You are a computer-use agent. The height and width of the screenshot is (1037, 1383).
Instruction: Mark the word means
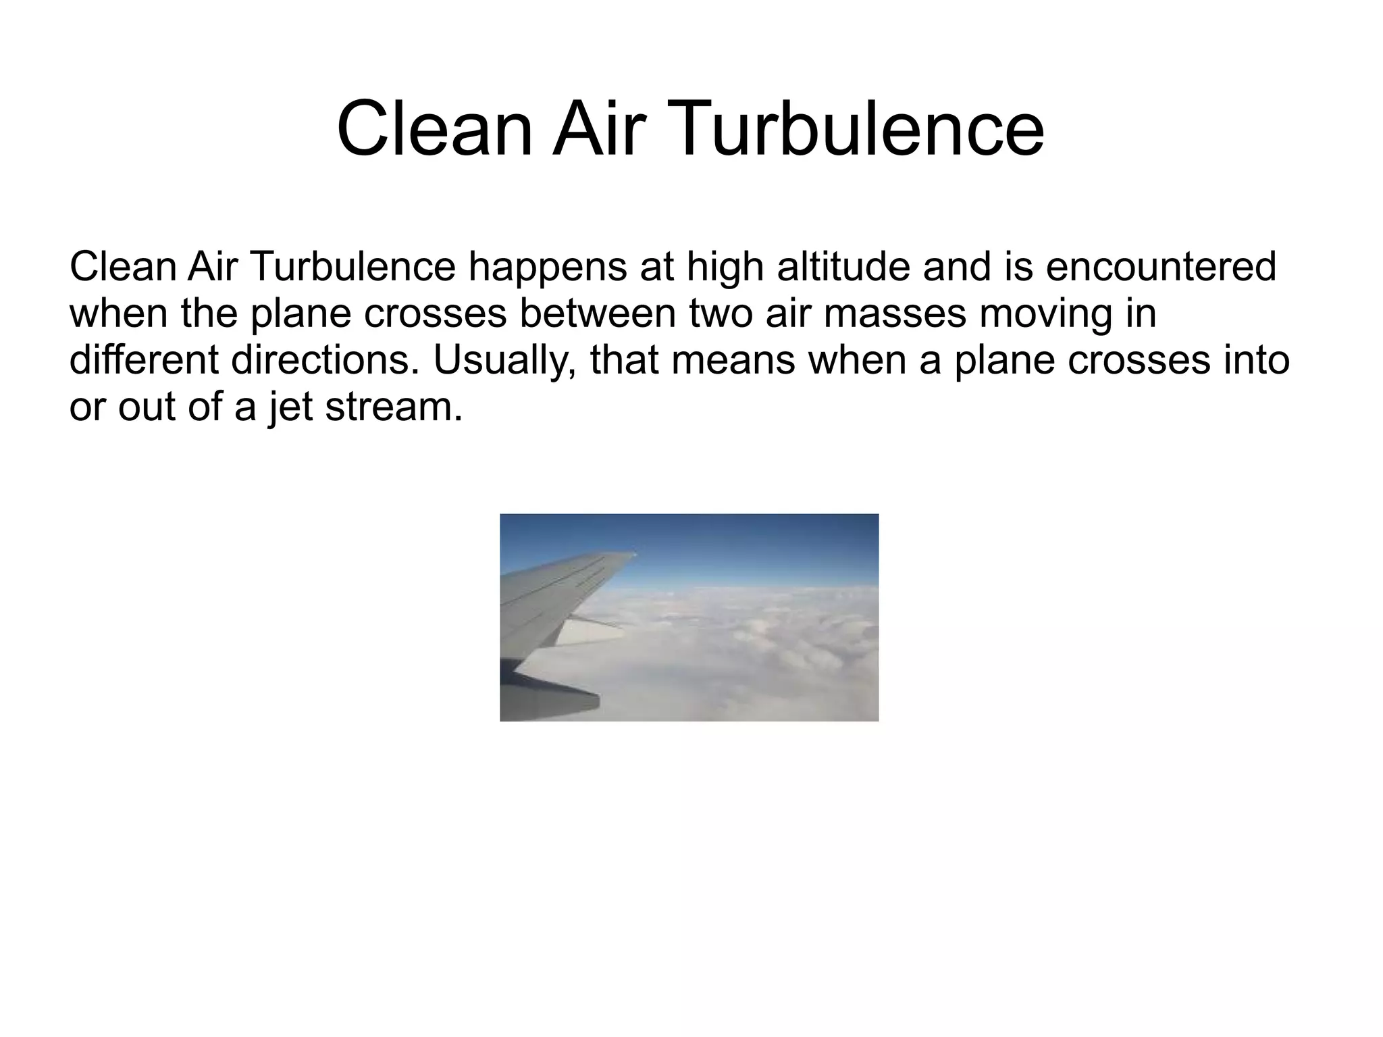732,360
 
